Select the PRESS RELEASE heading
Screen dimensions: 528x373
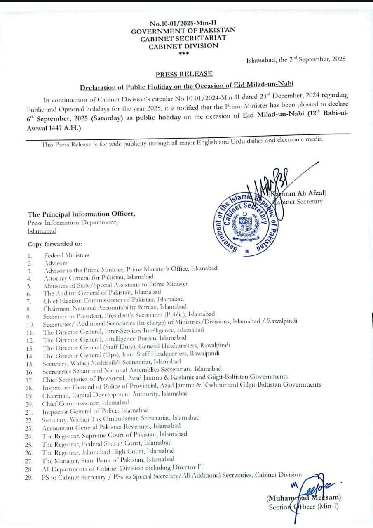(x=184, y=74)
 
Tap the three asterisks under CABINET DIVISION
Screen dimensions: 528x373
(x=183, y=53)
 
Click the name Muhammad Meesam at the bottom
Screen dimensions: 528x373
(x=303, y=498)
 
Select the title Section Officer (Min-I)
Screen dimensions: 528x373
(x=303, y=507)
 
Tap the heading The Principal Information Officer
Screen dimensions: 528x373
(x=81, y=214)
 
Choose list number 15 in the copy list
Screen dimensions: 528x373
(x=30, y=364)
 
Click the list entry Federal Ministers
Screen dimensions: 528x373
(x=66, y=255)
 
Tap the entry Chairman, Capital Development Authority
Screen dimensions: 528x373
(x=115, y=394)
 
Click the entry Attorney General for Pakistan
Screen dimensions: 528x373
(x=99, y=278)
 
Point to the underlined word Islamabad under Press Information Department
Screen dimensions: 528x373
(x=42, y=231)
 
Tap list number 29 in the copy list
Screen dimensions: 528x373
(x=29, y=477)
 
